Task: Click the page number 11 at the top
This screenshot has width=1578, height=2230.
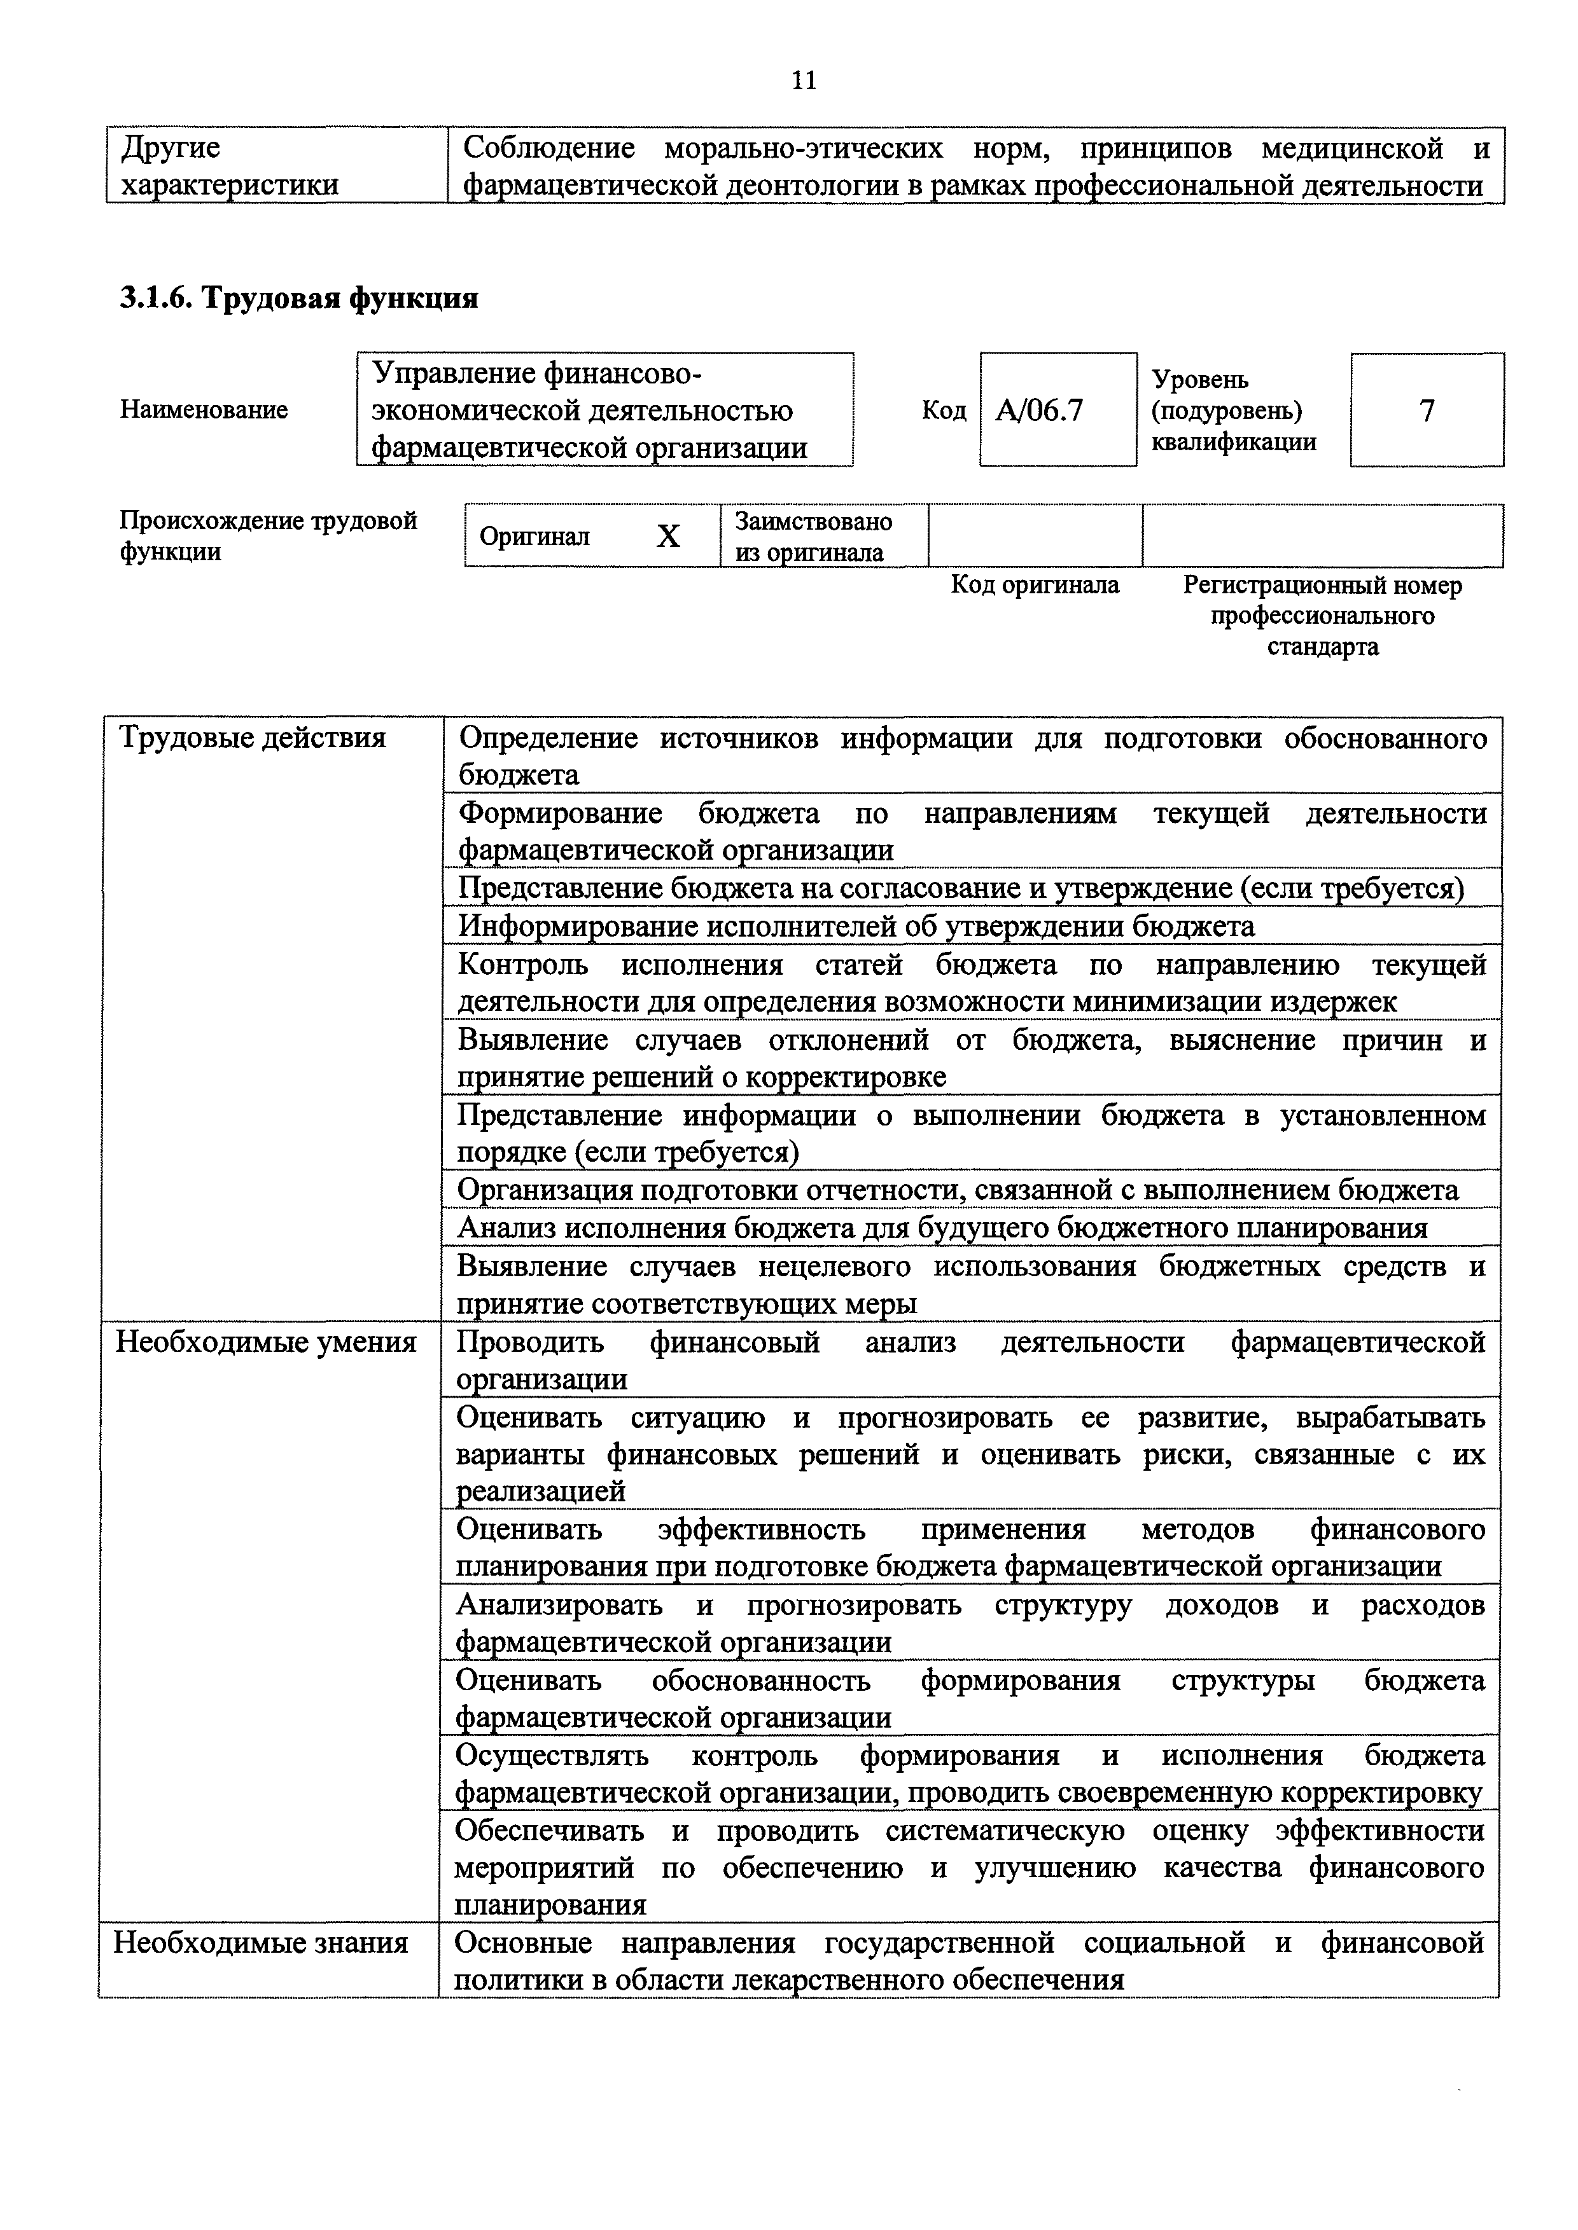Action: pyautogui.click(x=804, y=81)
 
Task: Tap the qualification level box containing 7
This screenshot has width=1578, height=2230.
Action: pyautogui.click(x=1427, y=411)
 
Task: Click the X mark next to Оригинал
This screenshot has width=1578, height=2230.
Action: pyautogui.click(x=669, y=536)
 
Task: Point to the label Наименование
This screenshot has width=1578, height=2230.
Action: pyautogui.click(x=204, y=410)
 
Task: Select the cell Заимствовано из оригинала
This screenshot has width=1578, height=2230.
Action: pyautogui.click(x=823, y=536)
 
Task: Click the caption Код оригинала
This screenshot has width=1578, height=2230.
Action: pyautogui.click(x=1034, y=585)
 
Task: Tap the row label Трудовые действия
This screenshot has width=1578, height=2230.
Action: pyautogui.click(x=253, y=738)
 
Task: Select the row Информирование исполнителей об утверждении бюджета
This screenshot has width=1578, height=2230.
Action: pyautogui.click(x=856, y=926)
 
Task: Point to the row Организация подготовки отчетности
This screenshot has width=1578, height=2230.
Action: pyautogui.click(x=957, y=1190)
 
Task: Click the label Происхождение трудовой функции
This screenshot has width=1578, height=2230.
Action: pyautogui.click(x=268, y=536)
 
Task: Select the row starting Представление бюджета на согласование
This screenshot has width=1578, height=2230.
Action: pyautogui.click(x=960, y=888)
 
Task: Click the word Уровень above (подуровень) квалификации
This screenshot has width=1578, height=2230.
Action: pyautogui.click(x=1200, y=380)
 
